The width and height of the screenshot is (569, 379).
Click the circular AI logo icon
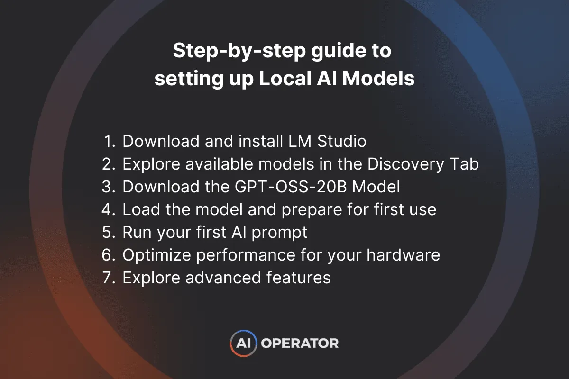click(244, 343)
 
